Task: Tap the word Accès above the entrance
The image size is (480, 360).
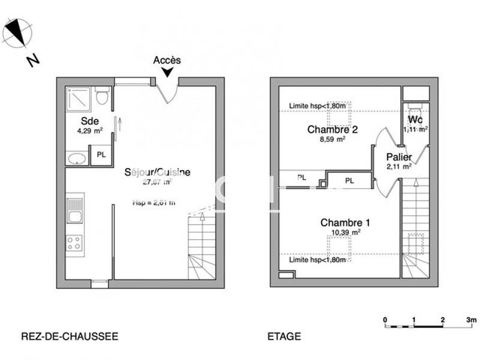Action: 167,60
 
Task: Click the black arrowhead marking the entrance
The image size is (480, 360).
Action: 167,72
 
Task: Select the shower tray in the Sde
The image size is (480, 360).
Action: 80,98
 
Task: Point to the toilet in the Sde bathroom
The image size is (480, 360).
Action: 102,95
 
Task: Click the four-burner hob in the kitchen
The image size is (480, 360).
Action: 75,243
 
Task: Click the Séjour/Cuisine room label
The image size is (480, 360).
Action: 157,172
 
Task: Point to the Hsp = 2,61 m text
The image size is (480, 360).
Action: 154,203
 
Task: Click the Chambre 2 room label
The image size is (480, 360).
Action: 328,129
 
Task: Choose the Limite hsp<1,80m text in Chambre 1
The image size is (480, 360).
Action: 317,260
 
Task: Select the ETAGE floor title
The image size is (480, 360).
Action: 284,337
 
